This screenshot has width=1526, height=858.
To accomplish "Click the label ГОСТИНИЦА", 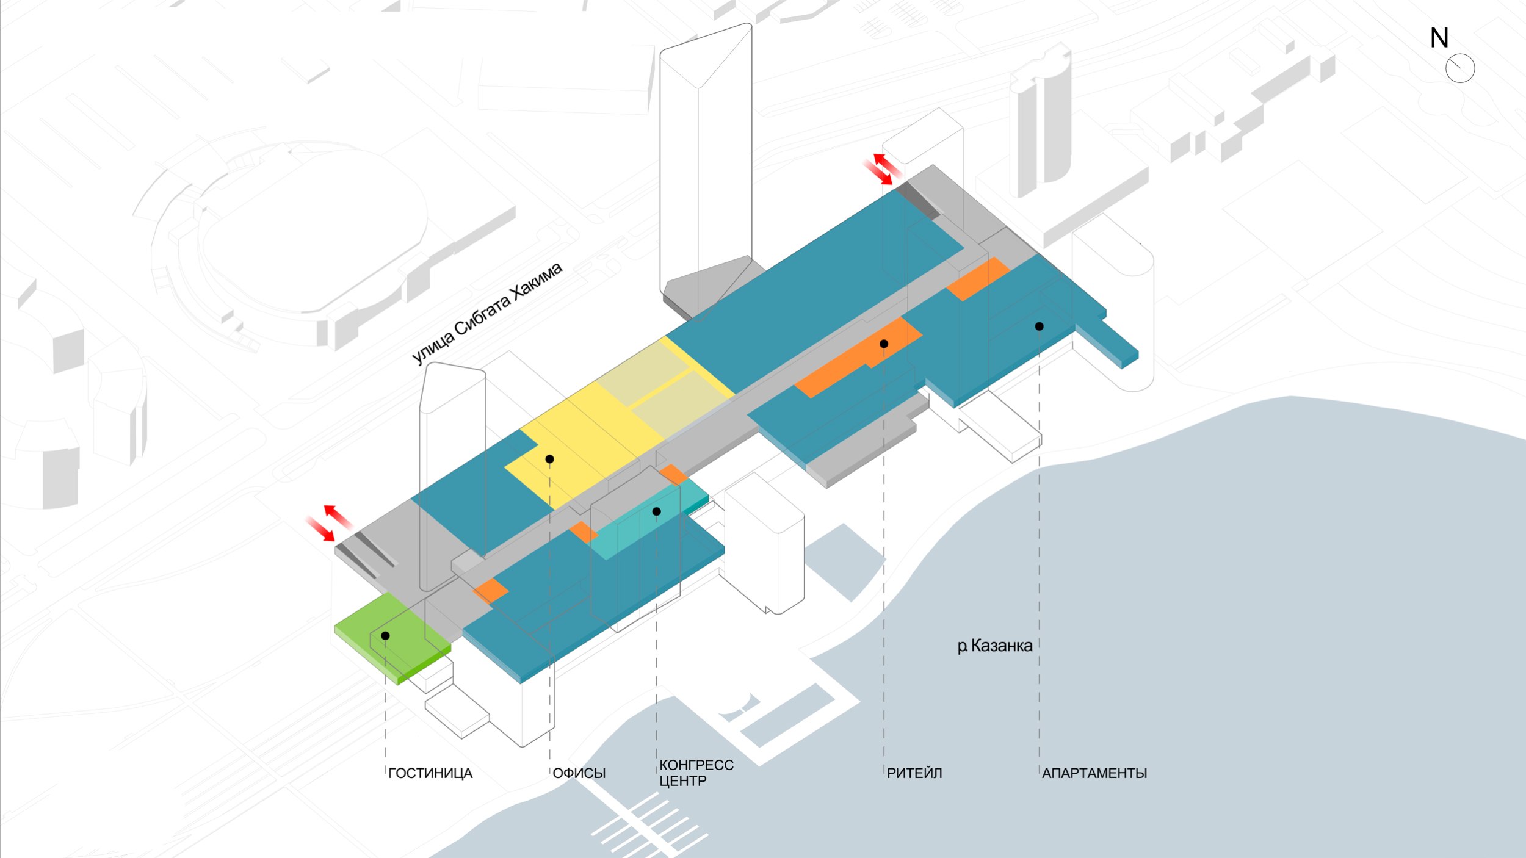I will point(430,773).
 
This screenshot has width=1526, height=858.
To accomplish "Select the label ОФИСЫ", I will point(579,773).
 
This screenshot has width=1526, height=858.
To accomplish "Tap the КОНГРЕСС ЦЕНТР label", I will point(696,773).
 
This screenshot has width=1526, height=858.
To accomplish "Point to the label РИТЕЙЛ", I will point(914,773).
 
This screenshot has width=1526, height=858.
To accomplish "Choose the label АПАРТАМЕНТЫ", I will point(1094,773).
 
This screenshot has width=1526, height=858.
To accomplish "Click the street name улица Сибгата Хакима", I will point(487,314).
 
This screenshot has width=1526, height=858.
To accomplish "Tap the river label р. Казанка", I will point(994,646).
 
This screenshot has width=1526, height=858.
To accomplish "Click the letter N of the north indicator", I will point(1439,38).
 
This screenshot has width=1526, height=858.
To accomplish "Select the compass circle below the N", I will point(1460,68).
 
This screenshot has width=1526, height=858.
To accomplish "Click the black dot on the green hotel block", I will point(385,636).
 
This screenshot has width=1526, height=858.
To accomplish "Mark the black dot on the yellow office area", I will point(549,459).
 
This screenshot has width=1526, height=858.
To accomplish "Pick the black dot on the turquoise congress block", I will point(656,511).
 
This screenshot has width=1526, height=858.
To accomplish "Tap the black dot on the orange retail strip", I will point(883,344).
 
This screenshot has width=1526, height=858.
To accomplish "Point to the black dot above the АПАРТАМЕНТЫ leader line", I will point(1039,326).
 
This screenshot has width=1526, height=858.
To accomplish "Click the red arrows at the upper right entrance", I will point(881,168).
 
